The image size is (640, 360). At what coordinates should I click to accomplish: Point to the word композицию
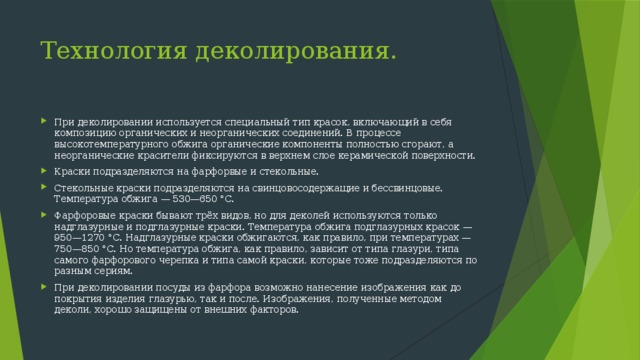point(87,131)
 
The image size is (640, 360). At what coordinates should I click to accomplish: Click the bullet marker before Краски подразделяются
point(43,171)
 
